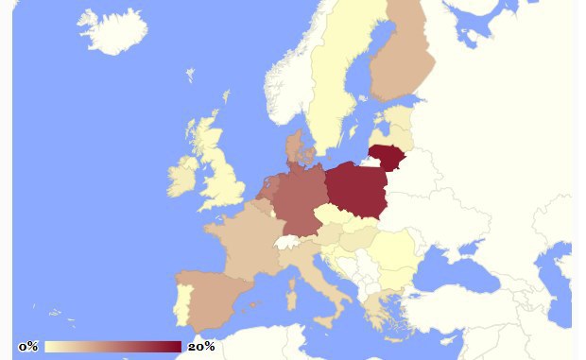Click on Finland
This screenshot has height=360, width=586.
click(x=402, y=61)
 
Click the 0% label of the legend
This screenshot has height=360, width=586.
click(x=28, y=347)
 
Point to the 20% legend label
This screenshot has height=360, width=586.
click(x=201, y=347)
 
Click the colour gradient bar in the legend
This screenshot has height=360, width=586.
click(x=112, y=347)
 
